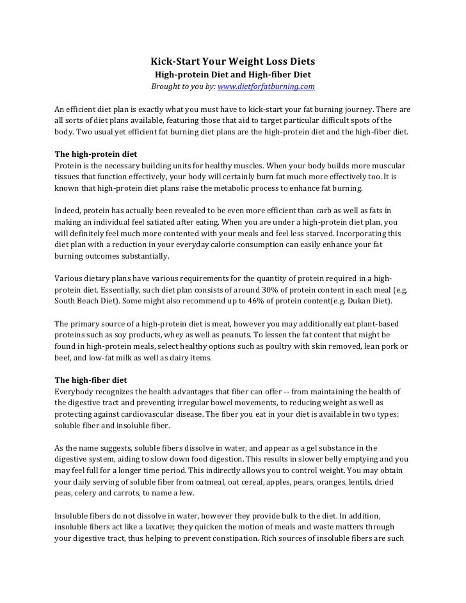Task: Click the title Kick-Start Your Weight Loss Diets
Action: click(233, 62)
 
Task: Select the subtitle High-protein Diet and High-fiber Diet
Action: click(233, 74)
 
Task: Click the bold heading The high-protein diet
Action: click(95, 155)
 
